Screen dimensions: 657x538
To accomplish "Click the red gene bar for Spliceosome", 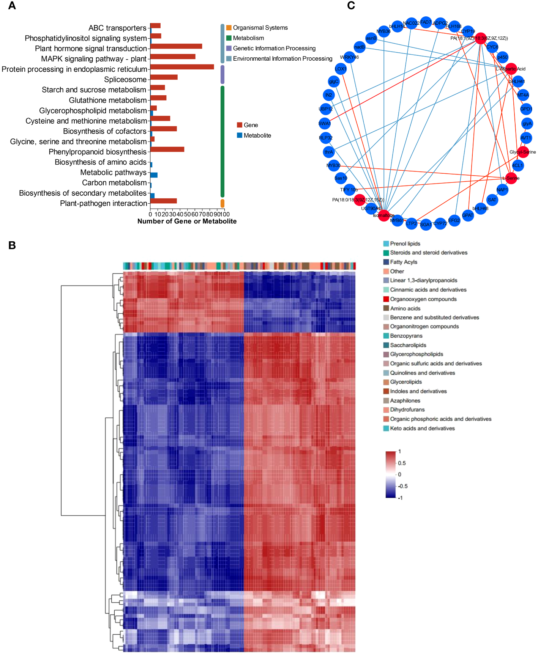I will tap(164, 77).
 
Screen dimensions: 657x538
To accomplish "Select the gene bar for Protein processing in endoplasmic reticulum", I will tap(182, 67).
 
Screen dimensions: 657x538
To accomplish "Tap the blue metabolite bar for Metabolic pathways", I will tap(154, 175).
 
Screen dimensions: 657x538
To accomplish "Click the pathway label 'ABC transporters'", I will tap(117, 28).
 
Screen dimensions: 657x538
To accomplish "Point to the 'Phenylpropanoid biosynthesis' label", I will tap(98, 152).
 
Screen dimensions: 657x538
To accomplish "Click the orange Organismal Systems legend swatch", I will tap(229, 28).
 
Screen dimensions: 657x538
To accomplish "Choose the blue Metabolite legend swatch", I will tap(240, 135).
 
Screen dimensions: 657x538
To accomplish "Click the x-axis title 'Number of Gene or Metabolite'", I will tap(187, 221).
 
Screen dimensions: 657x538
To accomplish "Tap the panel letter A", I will tap(12, 6).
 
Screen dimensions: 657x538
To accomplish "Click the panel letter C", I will tap(351, 6).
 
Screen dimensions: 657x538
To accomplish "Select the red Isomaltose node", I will tap(384, 215).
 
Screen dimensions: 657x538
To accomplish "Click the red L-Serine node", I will tap(511, 178).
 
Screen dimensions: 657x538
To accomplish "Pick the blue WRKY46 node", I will tap(349, 57).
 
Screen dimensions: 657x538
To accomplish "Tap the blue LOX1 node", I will tap(341, 69).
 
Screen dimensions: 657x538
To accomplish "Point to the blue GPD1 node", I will tap(526, 109).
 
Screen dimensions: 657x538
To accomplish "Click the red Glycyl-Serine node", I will tap(523, 152).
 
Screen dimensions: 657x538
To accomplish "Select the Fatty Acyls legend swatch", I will tap(386, 262).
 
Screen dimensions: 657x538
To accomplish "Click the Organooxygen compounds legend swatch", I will tap(386, 299).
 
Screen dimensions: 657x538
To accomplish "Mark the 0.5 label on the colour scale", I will tap(402, 463).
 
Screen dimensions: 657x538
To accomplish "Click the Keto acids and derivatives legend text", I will tap(422, 428).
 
